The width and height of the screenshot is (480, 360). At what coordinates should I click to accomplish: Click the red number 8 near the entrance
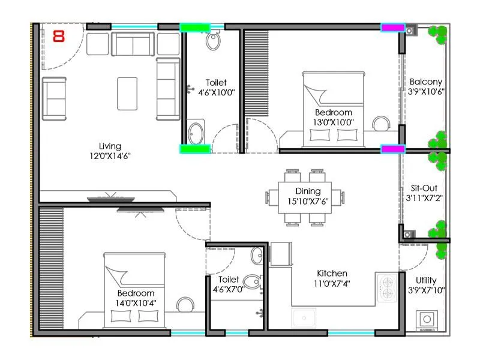point(59,36)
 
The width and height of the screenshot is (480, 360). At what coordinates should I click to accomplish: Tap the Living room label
point(110,146)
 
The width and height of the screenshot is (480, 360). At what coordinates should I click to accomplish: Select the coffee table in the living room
point(127,93)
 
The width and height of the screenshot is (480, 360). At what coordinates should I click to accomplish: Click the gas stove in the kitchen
point(388,287)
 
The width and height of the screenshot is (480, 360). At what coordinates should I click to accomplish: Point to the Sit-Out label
point(425,187)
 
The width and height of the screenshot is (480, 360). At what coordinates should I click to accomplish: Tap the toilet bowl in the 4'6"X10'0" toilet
point(214,41)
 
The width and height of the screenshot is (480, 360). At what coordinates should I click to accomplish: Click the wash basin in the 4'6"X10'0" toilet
point(196,132)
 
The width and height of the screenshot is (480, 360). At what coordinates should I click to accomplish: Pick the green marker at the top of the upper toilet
point(195,28)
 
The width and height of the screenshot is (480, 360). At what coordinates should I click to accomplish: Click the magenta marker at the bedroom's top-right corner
point(393,28)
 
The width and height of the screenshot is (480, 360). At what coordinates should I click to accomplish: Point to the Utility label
point(426,280)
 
